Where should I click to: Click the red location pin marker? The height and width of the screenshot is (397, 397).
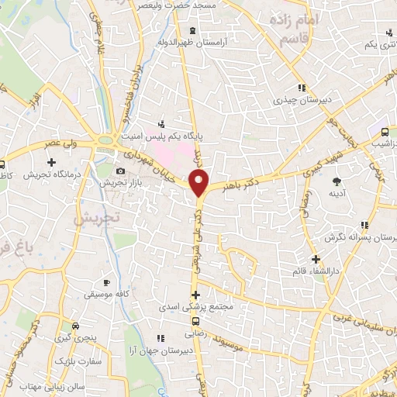pyautogui.click(x=199, y=184)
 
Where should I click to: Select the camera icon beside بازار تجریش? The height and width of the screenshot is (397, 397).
pyautogui.click(x=120, y=171)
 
